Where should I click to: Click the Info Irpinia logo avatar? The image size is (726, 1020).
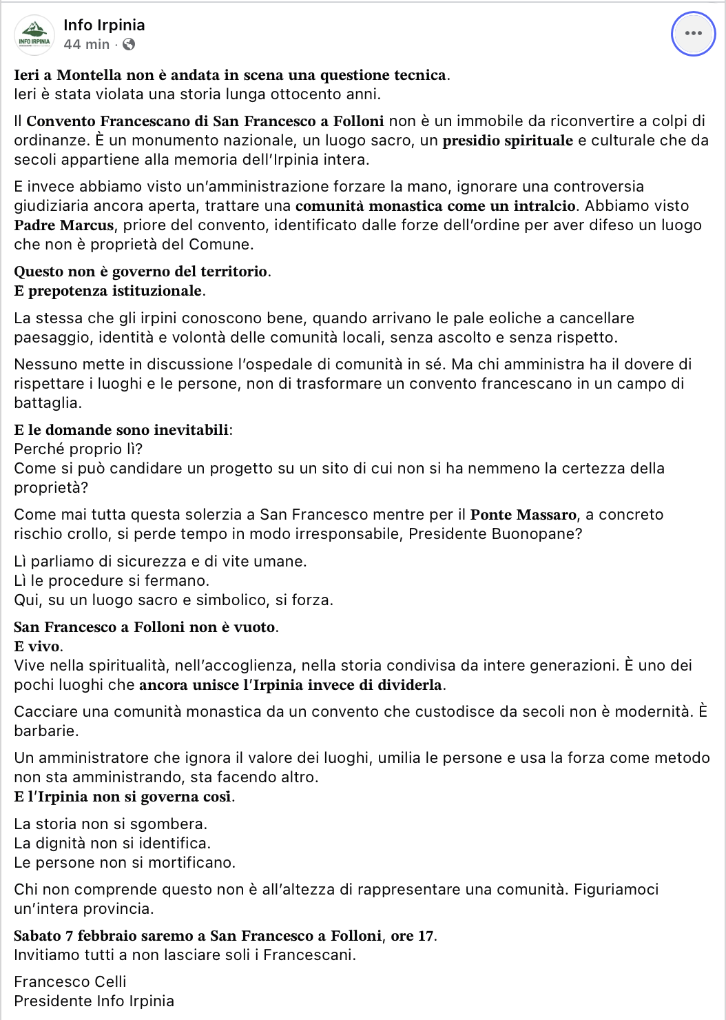[x=34, y=34]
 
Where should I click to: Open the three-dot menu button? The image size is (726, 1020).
[x=693, y=33]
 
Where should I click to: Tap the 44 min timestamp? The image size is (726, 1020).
[x=87, y=44]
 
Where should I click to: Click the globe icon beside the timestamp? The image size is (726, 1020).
[x=129, y=44]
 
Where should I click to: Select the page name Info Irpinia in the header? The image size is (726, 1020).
[x=104, y=25]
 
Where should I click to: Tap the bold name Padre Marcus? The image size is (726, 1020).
[x=64, y=225]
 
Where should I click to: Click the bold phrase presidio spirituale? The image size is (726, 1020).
[x=508, y=141]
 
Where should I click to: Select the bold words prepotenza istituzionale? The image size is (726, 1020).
[x=115, y=291]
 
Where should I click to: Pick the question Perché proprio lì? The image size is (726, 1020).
[x=79, y=449]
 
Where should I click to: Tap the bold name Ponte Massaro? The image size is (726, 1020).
[x=523, y=514]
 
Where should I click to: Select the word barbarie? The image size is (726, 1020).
[x=46, y=731]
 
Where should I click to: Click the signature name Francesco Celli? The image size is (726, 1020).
[x=70, y=981]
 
